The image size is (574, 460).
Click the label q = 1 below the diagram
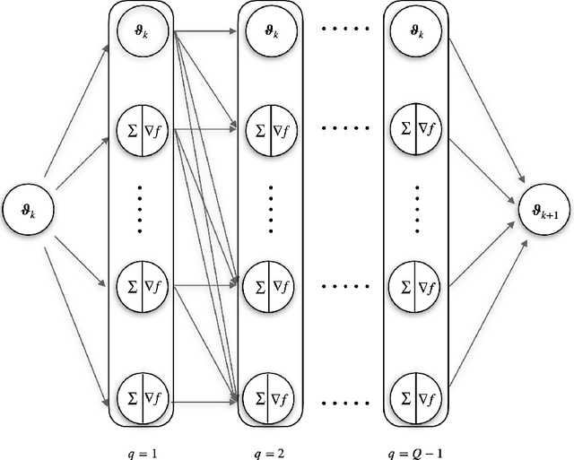click(139, 441)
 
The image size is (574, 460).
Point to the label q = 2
click(268, 441)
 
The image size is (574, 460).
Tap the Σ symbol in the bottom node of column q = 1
click(128, 394)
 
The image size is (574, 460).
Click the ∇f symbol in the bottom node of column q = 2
click(281, 394)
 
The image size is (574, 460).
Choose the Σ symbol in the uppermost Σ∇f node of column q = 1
click(128, 131)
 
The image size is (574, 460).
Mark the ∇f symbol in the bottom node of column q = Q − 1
click(427, 394)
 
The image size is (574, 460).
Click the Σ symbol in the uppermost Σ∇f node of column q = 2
click(257, 131)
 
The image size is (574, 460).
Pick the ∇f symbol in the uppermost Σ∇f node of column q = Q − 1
click(427, 131)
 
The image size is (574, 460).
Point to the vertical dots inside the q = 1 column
click(139, 209)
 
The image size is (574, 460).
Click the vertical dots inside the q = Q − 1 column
click(414, 209)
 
